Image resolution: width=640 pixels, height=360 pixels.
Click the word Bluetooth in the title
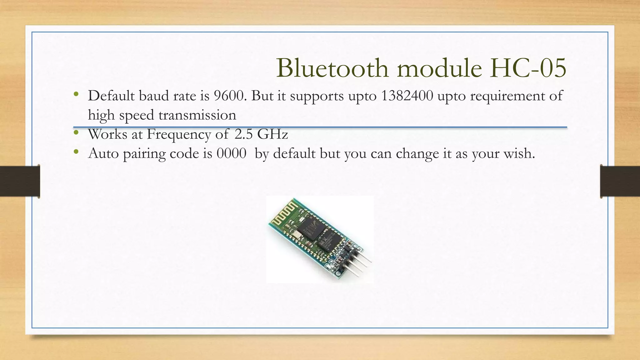pos(332,68)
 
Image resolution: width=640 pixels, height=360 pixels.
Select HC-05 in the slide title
pos(528,68)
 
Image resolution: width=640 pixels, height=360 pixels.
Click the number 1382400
pos(407,96)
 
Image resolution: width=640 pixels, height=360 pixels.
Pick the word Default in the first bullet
pos(111,96)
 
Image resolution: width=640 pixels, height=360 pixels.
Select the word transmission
pos(197,115)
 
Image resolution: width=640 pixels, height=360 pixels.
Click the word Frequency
pos(179,134)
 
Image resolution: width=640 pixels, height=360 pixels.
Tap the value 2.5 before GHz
pos(243,134)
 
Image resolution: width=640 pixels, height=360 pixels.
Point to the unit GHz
pos(272,134)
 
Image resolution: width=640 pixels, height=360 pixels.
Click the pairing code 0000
pos(232,153)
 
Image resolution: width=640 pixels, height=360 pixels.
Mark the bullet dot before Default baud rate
pos(76,94)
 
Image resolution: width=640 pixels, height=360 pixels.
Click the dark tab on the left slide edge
pos(20,181)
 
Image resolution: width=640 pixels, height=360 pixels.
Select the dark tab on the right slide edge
pos(620,181)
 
